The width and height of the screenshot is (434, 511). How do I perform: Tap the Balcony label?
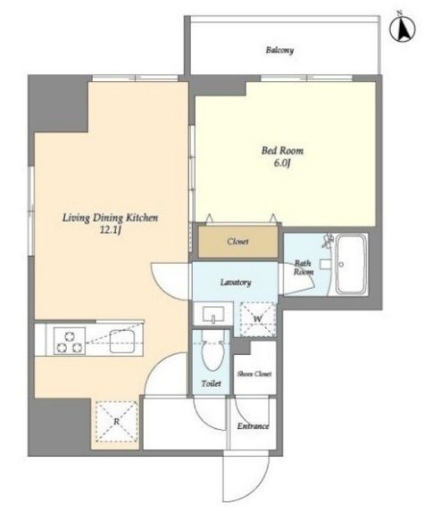click(280, 50)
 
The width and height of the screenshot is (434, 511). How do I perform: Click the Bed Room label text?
click(282, 151)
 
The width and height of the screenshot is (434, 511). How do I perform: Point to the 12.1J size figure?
click(111, 230)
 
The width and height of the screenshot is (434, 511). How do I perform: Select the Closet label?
click(238, 242)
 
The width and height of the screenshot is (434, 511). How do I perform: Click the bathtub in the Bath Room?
click(351, 264)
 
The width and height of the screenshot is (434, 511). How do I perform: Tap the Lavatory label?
click(236, 282)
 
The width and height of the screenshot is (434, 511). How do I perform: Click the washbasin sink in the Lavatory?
click(213, 315)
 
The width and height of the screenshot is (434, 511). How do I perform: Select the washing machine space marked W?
click(258, 319)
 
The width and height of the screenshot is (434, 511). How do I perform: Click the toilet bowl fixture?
click(213, 351)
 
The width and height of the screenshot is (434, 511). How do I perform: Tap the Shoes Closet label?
click(255, 374)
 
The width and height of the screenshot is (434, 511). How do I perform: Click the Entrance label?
click(254, 426)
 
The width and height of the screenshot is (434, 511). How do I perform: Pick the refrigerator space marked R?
click(116, 422)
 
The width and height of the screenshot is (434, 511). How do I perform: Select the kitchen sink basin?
click(122, 342)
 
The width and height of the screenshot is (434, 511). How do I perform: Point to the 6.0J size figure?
click(282, 163)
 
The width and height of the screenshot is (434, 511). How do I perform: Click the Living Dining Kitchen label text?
click(111, 218)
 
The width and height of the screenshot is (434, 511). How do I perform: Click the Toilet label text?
click(212, 383)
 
